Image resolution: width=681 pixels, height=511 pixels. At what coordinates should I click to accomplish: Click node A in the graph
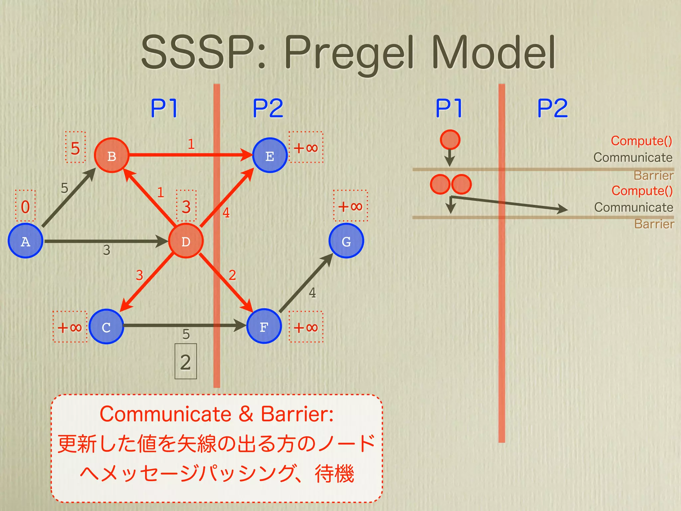point(25,241)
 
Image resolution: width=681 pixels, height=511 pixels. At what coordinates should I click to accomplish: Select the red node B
point(111,155)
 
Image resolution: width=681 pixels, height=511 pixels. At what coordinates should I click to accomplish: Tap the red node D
point(186,241)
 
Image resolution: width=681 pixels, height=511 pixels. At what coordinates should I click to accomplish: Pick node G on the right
point(346,241)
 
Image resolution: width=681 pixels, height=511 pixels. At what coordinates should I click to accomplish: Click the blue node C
point(106,327)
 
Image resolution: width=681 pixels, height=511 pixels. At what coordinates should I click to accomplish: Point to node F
point(264,326)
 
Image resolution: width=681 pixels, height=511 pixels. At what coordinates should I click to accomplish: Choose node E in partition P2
point(270,155)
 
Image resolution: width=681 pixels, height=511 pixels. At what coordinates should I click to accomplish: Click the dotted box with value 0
point(25,206)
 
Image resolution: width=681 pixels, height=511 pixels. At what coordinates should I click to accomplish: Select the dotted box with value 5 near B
point(75,147)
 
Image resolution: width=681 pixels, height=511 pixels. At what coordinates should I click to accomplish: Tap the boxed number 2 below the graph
point(186,362)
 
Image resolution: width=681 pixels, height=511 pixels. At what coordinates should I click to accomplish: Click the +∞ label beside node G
point(350,206)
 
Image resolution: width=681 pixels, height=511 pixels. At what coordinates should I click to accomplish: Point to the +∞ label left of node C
point(70,327)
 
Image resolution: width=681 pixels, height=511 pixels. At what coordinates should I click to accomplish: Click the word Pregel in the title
point(349,53)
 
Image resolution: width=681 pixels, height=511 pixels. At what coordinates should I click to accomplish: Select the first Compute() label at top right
point(641,141)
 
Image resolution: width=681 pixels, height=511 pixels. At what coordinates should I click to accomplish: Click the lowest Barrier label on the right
point(654,224)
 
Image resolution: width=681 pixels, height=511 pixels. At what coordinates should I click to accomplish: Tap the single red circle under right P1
point(450,140)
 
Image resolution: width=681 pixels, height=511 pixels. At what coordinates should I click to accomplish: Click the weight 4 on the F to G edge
point(312,293)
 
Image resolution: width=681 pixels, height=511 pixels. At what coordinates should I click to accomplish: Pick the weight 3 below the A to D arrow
point(106,250)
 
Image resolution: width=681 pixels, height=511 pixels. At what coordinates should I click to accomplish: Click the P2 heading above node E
point(268,108)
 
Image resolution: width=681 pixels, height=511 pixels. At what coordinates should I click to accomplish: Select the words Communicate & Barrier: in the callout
point(216,414)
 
